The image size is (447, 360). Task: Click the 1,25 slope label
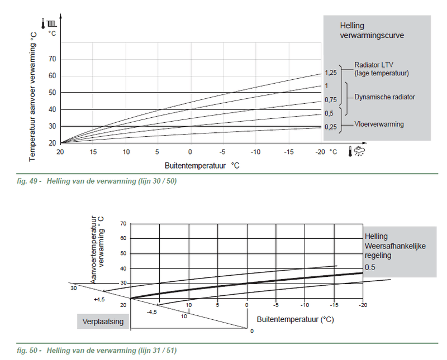pyautogui.click(x=330, y=73)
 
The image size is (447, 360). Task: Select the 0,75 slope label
pyautogui.click(x=330, y=100)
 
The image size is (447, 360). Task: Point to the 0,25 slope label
pyautogui.click(x=330, y=127)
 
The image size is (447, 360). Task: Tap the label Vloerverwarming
pyautogui.click(x=379, y=124)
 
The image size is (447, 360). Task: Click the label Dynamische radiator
pyautogui.click(x=384, y=97)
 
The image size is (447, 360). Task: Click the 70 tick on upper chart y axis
pyautogui.click(x=52, y=59)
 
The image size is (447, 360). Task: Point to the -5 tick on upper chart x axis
pyautogui.click(x=222, y=152)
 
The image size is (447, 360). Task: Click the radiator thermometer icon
pyautogui.click(x=52, y=25)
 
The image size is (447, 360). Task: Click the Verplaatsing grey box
pyautogui.click(x=103, y=321)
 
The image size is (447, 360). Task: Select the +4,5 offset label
pyautogui.click(x=99, y=300)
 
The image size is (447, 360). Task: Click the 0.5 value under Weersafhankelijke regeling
pyautogui.click(x=370, y=268)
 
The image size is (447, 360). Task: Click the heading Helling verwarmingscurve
pyautogui.click(x=372, y=31)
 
